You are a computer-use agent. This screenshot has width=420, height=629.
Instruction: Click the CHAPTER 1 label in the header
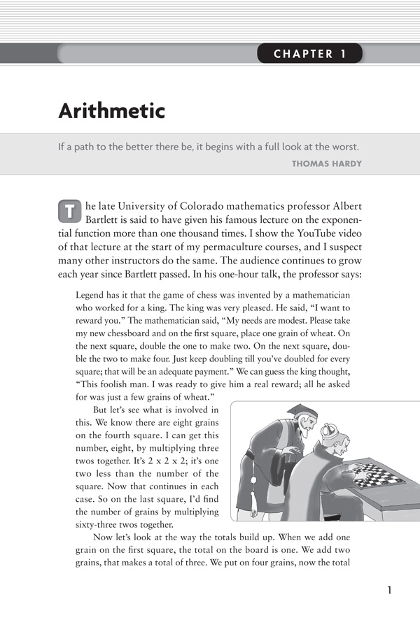tap(309, 54)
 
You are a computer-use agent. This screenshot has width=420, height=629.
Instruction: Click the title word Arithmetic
tap(111, 110)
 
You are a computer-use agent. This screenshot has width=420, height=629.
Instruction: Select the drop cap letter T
tap(68, 210)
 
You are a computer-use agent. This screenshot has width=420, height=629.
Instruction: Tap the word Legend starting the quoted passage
tap(90, 295)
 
